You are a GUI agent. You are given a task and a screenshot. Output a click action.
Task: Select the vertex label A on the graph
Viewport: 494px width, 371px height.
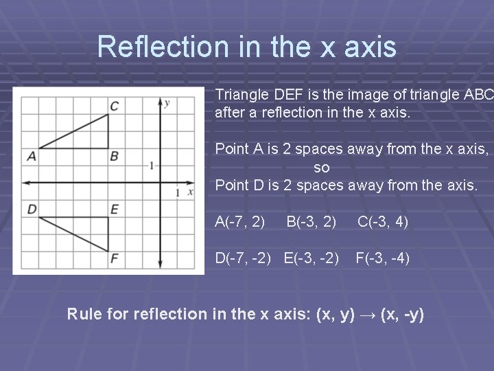(32, 157)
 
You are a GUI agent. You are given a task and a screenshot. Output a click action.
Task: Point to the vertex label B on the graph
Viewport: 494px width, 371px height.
(114, 157)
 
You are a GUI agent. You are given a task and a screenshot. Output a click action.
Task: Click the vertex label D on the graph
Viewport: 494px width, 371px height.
(32, 208)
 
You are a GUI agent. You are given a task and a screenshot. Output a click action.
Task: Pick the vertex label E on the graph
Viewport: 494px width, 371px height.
(114, 208)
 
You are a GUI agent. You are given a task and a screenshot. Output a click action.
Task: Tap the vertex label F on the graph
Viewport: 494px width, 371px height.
(114, 259)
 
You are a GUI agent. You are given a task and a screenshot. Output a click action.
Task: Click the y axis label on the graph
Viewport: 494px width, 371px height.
(167, 103)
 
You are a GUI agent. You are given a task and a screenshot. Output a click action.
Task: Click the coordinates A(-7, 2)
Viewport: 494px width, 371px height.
(240, 221)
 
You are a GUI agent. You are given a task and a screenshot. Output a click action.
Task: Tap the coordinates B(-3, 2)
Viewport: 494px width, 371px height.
(311, 221)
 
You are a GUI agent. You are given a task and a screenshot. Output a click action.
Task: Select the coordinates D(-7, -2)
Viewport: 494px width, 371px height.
(245, 259)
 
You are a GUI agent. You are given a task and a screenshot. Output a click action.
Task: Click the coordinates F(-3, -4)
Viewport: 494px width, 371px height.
(382, 259)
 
